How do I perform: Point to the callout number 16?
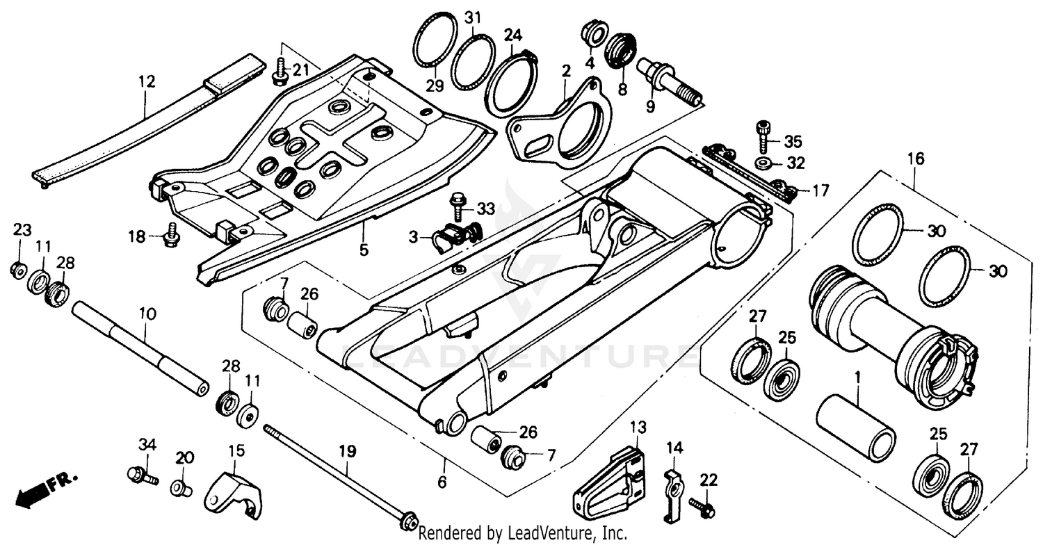pos(916,159)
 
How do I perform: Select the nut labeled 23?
pos(19,269)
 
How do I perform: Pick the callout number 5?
pos(364,248)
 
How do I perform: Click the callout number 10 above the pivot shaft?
pos(146,314)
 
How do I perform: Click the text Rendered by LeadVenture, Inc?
pos(522,534)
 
